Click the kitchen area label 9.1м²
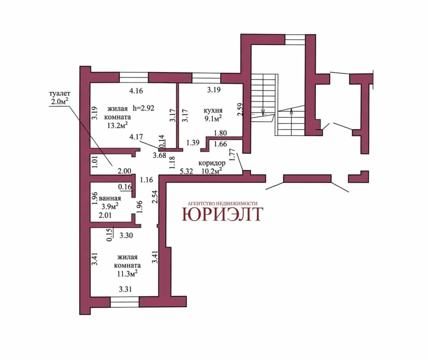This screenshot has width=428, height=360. tap(213, 118)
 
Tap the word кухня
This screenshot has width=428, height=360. tap(213, 110)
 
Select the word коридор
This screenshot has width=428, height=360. tap(212, 163)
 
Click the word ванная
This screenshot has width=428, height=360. tap(110, 198)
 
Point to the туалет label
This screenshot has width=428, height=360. tap(60, 94)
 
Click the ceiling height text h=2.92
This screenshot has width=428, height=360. tap(143, 108)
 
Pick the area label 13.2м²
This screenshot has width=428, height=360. tap(118, 125)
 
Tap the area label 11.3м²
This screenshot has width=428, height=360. tap(127, 273)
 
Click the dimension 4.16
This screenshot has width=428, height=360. tap(136, 91)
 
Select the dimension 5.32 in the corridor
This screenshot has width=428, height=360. tap(186, 171)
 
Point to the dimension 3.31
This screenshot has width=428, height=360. tap(125, 289)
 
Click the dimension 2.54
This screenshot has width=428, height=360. tap(155, 197)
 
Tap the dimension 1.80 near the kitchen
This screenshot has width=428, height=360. tap(220, 133)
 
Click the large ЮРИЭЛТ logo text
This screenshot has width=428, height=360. tap(222, 214)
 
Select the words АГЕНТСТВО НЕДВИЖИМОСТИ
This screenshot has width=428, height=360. tap(222, 203)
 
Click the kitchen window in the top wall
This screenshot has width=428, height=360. tap(206, 78)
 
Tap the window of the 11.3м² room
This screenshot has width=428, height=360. tap(125, 302)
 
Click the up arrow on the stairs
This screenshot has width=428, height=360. tap(292, 117)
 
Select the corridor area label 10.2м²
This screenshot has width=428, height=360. tap(212, 171)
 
